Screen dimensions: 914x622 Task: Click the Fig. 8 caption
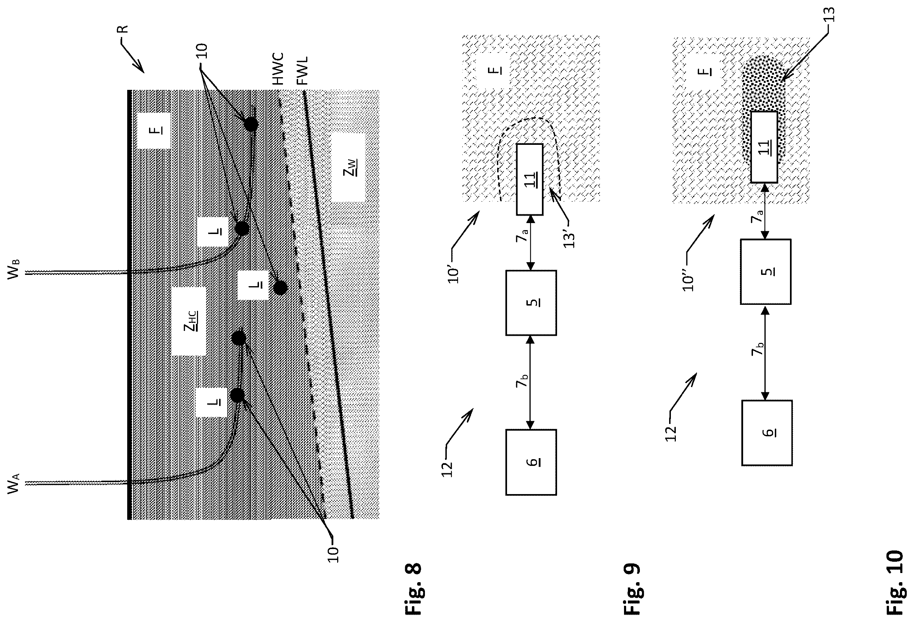click(x=413, y=591)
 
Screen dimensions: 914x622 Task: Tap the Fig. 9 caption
click(x=632, y=591)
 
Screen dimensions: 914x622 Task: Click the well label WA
click(x=13, y=483)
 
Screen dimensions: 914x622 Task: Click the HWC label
click(x=278, y=69)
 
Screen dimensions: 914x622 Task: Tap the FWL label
click(x=302, y=71)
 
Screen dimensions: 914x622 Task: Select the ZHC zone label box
click(x=189, y=321)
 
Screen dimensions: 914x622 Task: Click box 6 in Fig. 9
click(x=531, y=462)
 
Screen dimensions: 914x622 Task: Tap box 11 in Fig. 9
click(x=530, y=179)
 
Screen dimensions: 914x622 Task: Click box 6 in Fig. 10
click(x=767, y=433)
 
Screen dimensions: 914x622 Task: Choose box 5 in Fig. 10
click(x=766, y=271)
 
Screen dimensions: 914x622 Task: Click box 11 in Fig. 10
click(x=764, y=147)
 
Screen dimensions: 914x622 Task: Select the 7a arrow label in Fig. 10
click(x=757, y=216)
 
